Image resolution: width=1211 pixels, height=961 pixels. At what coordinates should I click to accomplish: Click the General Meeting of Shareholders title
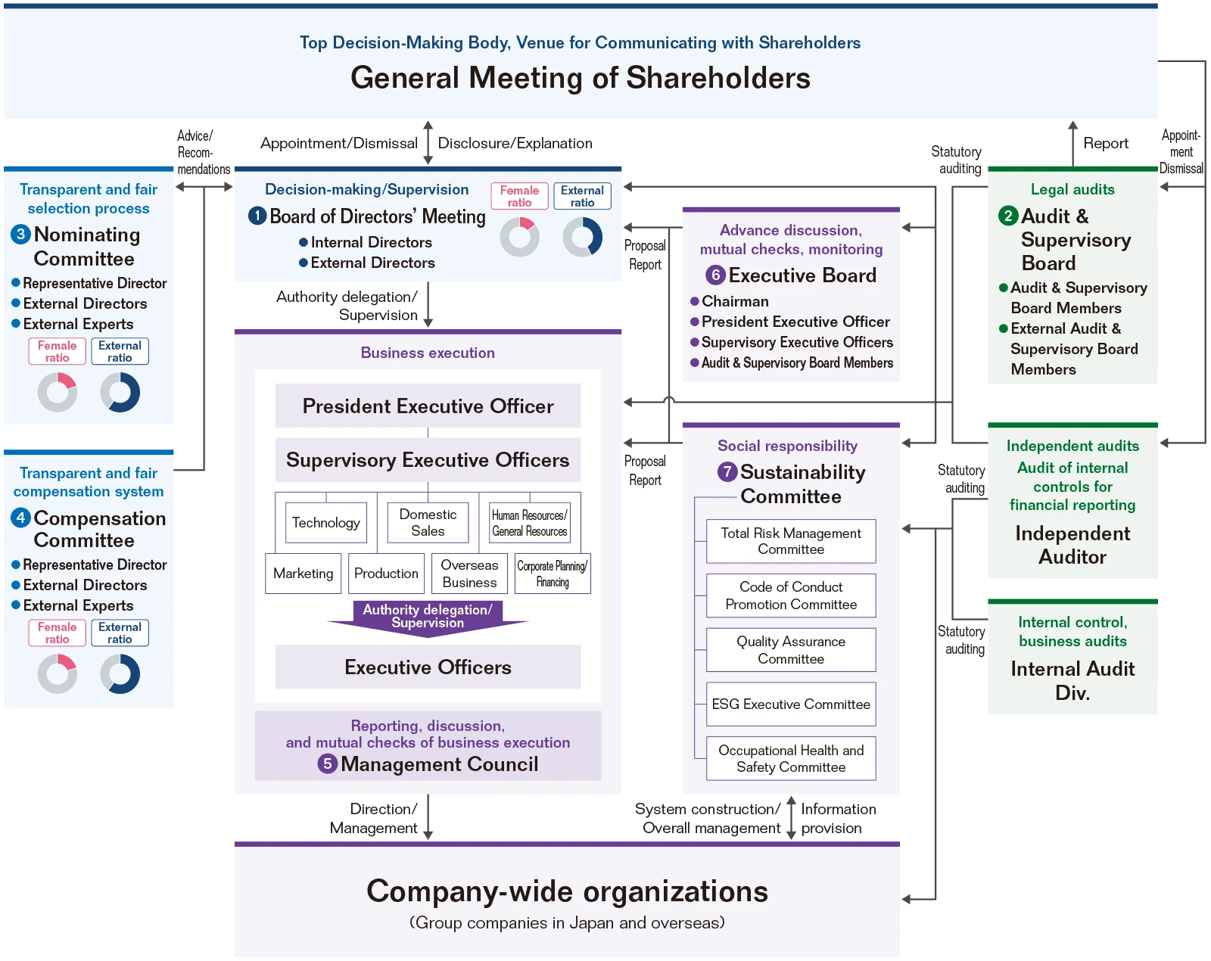pos(581,78)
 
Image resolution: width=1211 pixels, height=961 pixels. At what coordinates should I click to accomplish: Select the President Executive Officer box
pos(428,406)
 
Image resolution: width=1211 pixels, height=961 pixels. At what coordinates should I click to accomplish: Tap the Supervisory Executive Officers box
pos(428,459)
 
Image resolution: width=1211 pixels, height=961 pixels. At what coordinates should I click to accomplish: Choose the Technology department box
pos(325,523)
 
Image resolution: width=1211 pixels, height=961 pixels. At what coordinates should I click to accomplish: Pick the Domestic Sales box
pos(428,523)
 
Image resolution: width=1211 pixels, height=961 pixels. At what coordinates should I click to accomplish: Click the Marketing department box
pos(304,574)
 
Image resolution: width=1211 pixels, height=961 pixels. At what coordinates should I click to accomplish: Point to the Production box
pos(386,574)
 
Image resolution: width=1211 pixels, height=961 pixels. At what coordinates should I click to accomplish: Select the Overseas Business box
pos(469,574)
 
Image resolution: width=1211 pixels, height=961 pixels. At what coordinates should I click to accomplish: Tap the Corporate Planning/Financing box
pos(553,574)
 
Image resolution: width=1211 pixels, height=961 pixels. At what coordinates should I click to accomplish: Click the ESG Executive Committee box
pos(791,704)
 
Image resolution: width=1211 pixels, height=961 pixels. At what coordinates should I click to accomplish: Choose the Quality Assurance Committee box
pos(791,650)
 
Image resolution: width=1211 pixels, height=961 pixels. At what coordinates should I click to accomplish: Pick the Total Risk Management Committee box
pos(791,541)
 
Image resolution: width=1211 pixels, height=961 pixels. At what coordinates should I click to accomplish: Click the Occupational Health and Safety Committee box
pos(791,758)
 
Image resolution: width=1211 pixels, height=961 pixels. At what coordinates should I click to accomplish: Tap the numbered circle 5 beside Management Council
pos(328,764)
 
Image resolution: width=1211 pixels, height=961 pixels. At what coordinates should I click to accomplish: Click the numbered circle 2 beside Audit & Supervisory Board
pos(1008,216)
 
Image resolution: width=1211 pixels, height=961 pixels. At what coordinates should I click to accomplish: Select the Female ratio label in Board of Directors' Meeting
pos(519,196)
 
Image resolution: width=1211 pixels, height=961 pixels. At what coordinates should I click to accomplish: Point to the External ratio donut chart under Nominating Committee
pos(120,392)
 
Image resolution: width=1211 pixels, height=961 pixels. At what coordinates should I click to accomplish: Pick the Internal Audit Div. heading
pos(1072,680)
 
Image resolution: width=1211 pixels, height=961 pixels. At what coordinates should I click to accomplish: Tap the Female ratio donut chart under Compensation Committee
pos(58,673)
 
